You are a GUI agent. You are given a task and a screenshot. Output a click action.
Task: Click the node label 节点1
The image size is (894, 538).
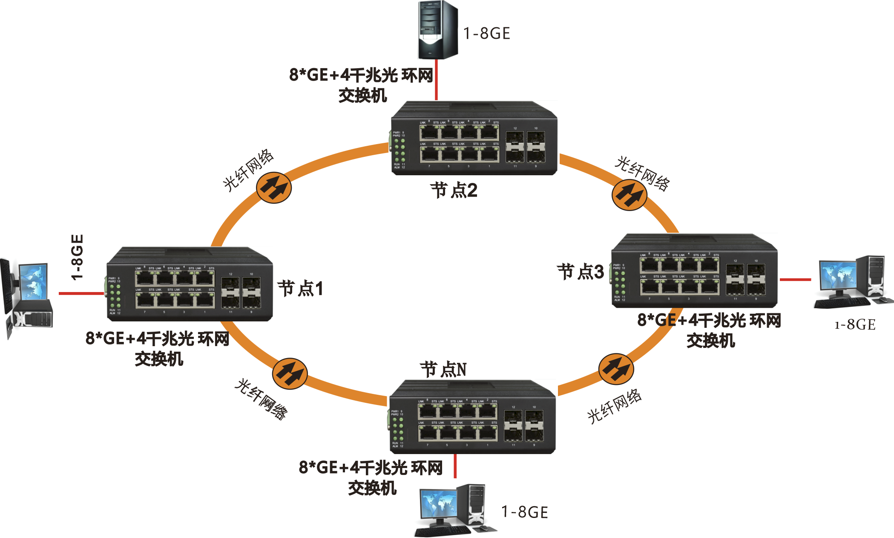point(301,289)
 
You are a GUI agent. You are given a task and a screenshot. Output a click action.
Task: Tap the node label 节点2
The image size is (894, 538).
point(454,190)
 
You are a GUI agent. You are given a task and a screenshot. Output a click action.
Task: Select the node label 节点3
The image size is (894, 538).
point(581,272)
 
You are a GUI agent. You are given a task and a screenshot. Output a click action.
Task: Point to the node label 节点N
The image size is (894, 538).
point(443,369)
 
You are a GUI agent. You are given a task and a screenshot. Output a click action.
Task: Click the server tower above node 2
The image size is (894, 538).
point(438,30)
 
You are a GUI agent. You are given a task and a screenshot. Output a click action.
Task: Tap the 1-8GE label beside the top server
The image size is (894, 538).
point(486,33)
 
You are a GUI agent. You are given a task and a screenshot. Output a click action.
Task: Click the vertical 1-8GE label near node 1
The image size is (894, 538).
point(77,257)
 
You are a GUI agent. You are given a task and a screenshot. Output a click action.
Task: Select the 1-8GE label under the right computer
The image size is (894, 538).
point(855,325)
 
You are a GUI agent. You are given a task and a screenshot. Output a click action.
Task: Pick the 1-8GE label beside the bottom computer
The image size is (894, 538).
point(524,512)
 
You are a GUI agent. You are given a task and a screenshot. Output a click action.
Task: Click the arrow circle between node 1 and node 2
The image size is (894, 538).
point(274,188)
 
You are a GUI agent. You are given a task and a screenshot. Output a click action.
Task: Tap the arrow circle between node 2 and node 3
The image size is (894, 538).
point(629,195)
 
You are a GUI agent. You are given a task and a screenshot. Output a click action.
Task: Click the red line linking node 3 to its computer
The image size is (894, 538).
point(795,280)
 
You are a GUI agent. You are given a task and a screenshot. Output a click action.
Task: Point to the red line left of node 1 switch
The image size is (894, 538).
point(81,293)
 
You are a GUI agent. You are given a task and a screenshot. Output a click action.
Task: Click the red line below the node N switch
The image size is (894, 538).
point(455,466)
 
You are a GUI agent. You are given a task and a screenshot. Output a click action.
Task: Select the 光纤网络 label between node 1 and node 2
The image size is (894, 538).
point(248,170)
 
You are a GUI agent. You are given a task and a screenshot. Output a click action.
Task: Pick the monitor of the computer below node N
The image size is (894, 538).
point(438,503)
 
